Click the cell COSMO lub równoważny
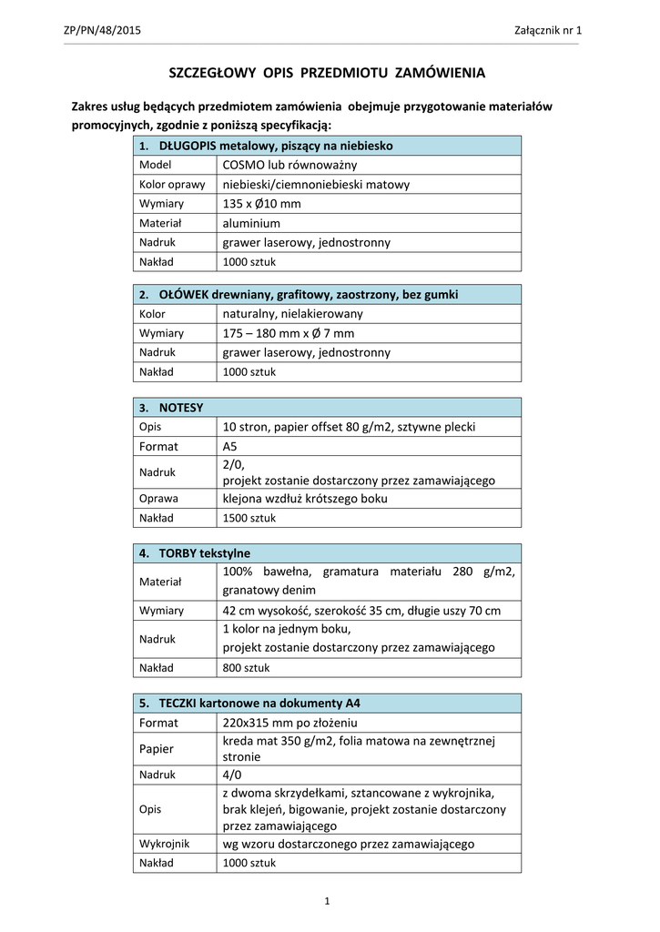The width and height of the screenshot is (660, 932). click(289, 165)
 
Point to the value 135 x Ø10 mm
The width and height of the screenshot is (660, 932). click(261, 204)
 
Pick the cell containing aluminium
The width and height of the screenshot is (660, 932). click(251, 223)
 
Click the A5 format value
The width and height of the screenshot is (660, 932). click(229, 446)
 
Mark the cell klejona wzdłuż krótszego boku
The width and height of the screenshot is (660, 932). click(304, 499)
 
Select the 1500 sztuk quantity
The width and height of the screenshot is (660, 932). click(249, 518)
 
